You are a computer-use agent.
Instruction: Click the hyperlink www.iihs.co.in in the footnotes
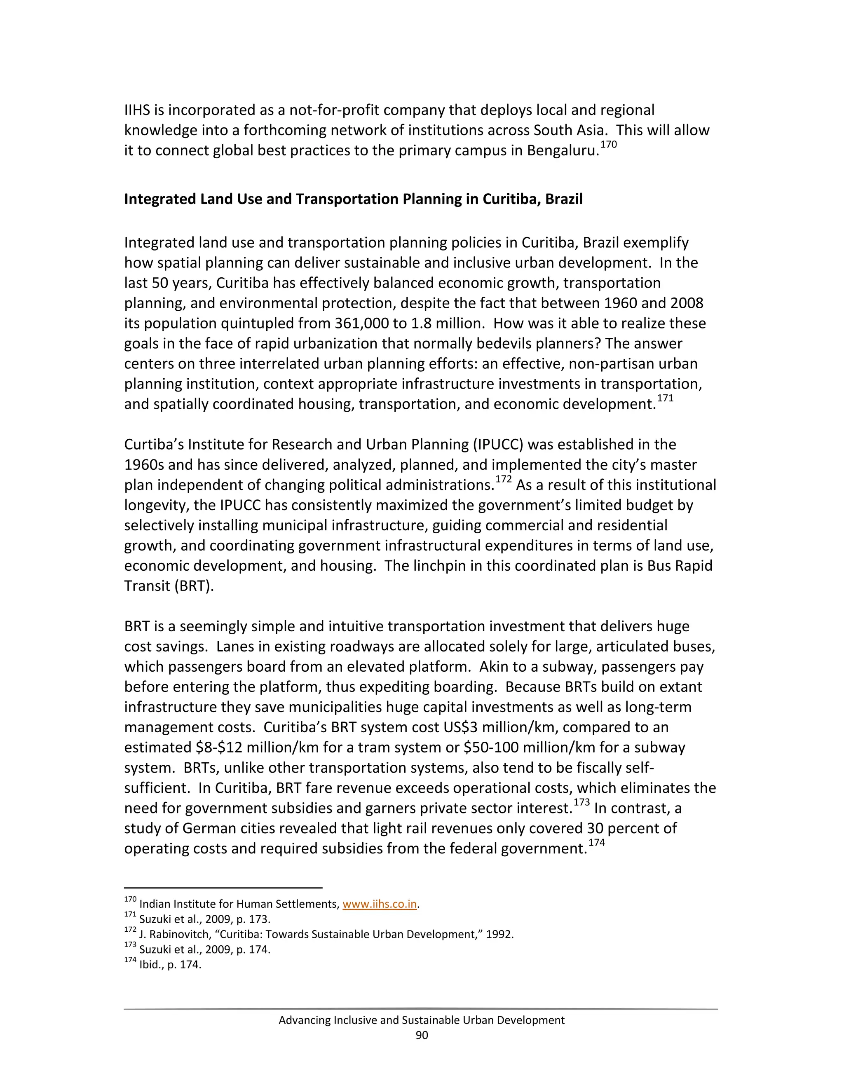click(x=380, y=904)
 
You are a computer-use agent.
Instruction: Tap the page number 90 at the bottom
click(x=422, y=1035)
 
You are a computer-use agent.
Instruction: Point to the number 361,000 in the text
click(x=361, y=323)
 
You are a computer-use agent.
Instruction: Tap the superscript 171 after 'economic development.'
click(x=665, y=398)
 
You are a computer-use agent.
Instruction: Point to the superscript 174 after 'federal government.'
click(x=596, y=843)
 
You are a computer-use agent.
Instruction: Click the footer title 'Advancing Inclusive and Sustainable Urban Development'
click(x=422, y=1020)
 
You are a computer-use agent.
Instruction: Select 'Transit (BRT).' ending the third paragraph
click(x=169, y=586)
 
